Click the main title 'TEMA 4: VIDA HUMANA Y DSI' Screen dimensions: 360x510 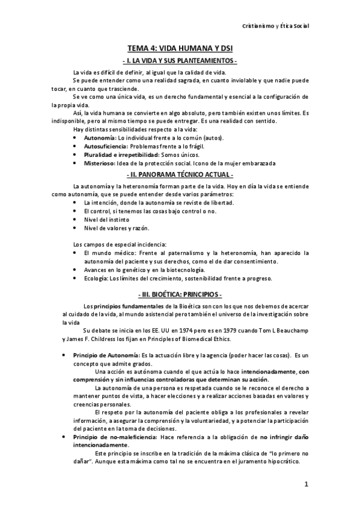point(179,52)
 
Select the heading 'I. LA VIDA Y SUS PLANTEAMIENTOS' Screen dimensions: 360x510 point(179,62)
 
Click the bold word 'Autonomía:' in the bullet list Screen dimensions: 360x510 point(99,138)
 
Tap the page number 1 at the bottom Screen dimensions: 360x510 point(306,485)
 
